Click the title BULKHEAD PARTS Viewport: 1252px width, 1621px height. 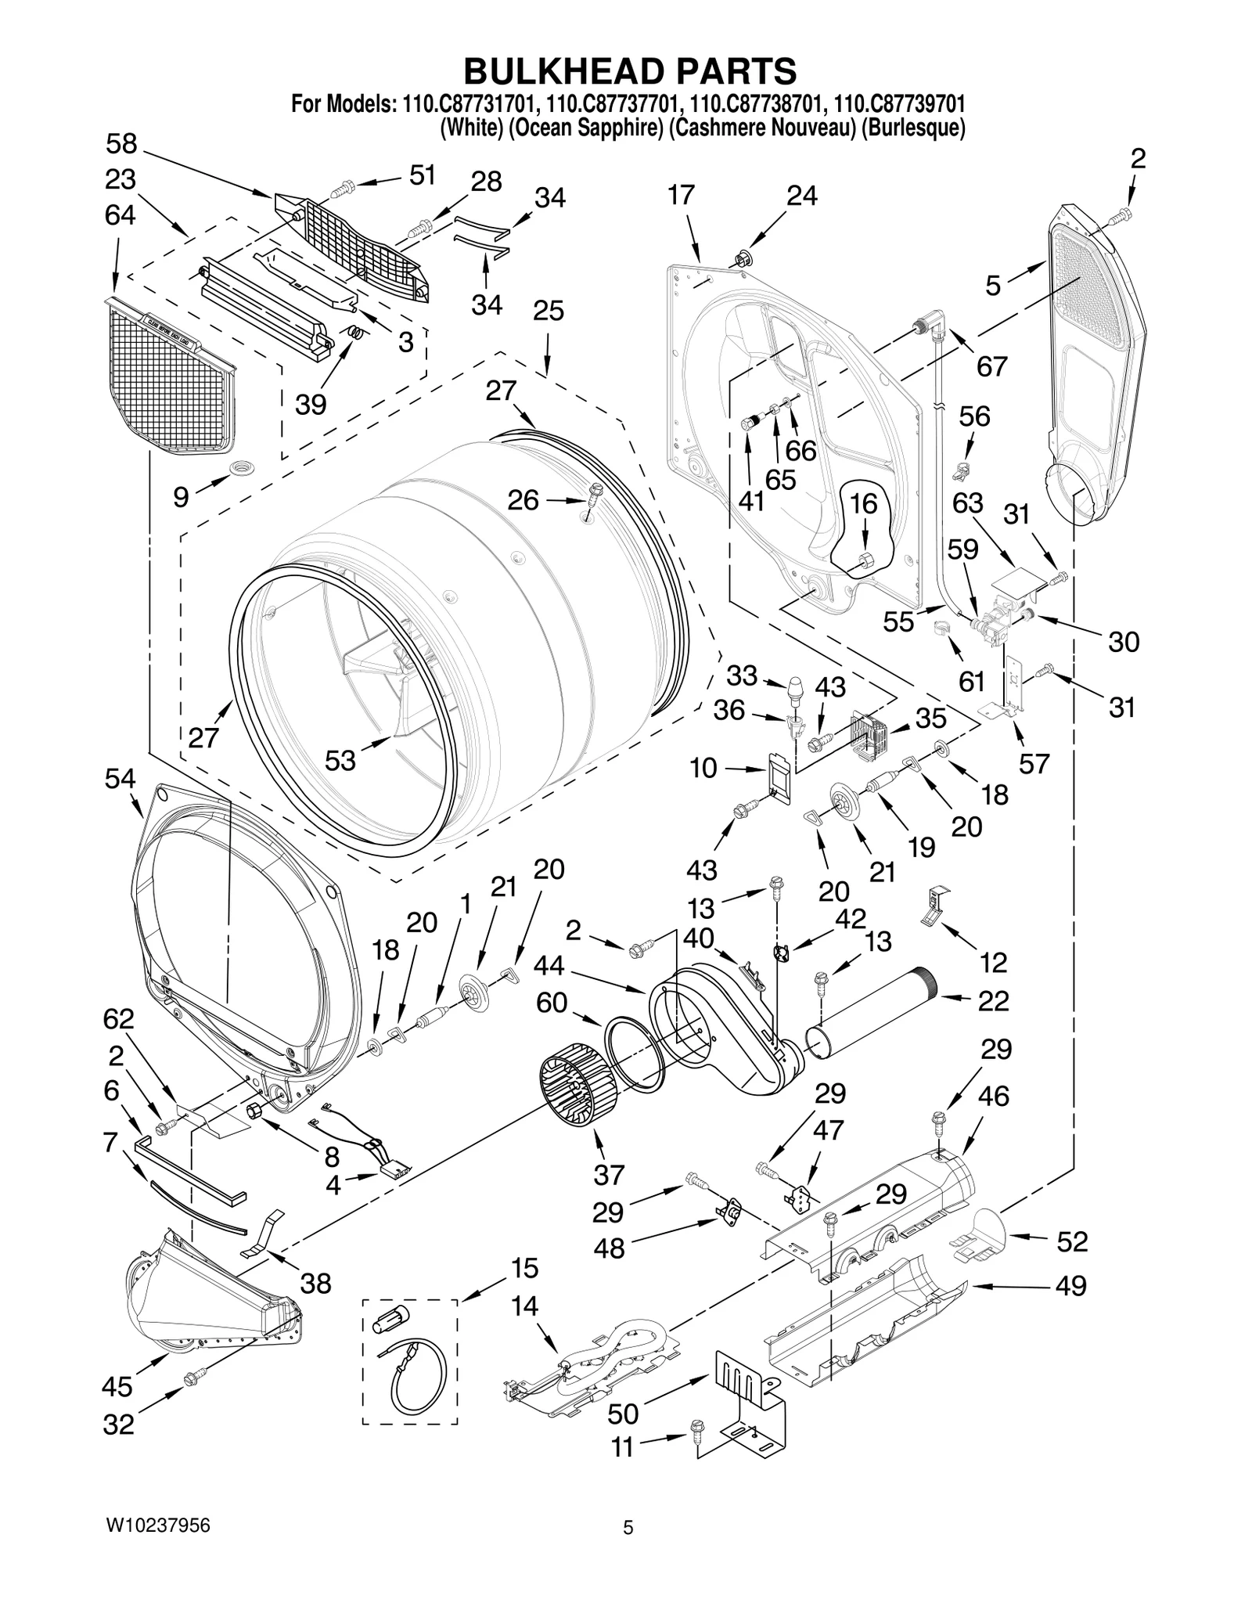point(630,70)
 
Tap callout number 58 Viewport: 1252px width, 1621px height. point(121,144)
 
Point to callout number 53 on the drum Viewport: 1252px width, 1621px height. point(340,759)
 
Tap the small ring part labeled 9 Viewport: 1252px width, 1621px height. point(240,469)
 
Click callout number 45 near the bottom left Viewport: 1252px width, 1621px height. point(117,1387)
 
